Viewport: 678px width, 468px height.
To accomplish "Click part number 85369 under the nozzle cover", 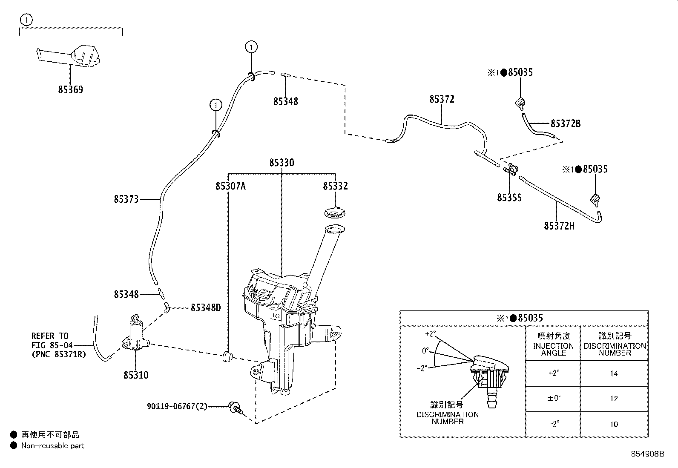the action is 71,89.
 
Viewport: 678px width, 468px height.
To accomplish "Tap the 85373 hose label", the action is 126,199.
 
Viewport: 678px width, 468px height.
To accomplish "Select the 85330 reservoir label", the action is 282,163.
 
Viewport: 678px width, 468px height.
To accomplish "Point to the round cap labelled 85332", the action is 335,212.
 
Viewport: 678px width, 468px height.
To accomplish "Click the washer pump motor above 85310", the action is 135,335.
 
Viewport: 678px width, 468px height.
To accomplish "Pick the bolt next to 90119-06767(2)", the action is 235,408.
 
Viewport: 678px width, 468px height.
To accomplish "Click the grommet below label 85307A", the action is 227,356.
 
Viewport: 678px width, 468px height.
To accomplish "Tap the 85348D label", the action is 206,308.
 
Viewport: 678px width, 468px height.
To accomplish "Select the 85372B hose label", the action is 566,123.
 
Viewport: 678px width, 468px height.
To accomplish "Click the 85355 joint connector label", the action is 509,198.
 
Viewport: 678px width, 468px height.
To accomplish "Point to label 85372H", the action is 559,226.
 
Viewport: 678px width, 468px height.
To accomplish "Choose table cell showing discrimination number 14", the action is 614,373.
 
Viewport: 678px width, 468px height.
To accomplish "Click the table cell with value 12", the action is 614,399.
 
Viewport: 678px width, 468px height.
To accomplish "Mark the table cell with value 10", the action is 614,424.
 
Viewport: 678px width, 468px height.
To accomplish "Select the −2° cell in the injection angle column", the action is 553,424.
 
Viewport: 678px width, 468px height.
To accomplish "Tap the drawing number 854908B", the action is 647,454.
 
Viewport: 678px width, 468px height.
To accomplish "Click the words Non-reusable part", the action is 53,445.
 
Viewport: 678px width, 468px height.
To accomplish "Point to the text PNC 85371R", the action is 59,354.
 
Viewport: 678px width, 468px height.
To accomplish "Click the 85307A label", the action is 231,186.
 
